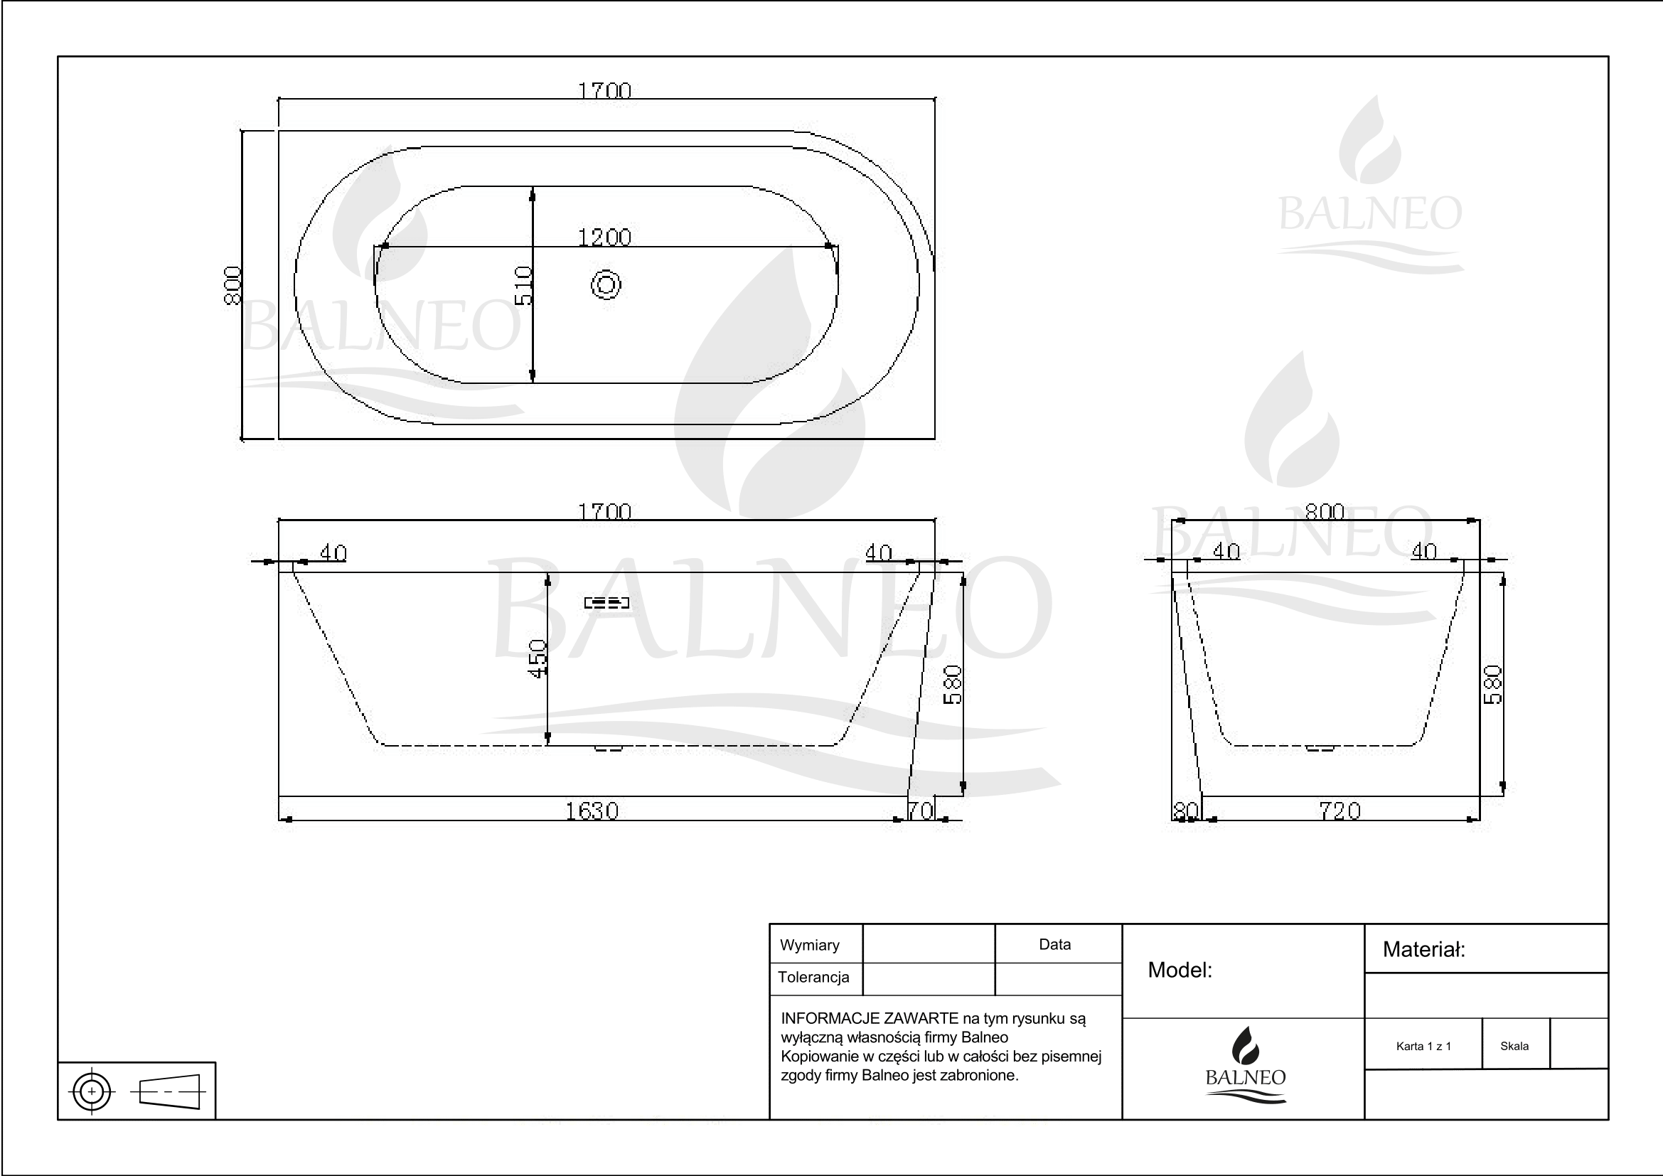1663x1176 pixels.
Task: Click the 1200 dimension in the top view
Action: pos(604,237)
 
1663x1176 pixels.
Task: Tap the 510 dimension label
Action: pos(524,285)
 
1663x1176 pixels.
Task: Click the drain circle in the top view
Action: pos(606,284)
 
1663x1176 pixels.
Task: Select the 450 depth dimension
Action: pos(538,658)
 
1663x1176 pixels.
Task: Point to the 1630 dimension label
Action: pos(592,811)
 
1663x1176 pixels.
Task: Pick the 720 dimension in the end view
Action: pos(1340,811)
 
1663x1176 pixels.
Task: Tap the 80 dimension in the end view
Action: pos(1186,811)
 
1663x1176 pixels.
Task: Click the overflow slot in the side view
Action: pos(607,602)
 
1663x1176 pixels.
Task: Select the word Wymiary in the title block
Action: pos(809,945)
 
